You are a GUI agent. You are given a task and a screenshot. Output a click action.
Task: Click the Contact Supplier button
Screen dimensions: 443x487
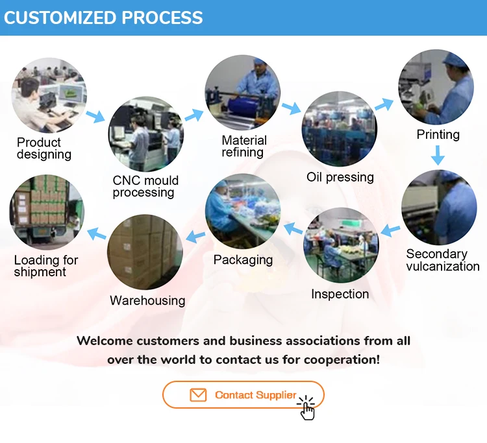243,394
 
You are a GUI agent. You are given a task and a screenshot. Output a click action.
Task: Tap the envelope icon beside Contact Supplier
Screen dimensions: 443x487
197,395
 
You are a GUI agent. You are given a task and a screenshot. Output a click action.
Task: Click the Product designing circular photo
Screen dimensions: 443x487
49,95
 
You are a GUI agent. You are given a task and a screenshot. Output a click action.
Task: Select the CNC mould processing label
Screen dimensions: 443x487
145,186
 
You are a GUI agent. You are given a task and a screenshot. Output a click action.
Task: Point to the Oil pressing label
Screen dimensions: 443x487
340,177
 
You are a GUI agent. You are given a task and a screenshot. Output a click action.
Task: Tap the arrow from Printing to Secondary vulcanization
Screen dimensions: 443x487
438,155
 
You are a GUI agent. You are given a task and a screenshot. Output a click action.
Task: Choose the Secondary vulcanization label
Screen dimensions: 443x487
442,260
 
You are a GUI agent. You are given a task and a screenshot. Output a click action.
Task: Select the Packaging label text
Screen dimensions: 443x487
243,260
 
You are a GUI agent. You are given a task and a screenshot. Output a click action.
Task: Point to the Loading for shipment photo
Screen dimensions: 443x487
46,213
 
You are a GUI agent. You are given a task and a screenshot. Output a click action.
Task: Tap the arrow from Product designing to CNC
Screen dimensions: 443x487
95,117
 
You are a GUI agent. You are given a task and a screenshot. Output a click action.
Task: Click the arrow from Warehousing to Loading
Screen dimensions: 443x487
97,233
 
